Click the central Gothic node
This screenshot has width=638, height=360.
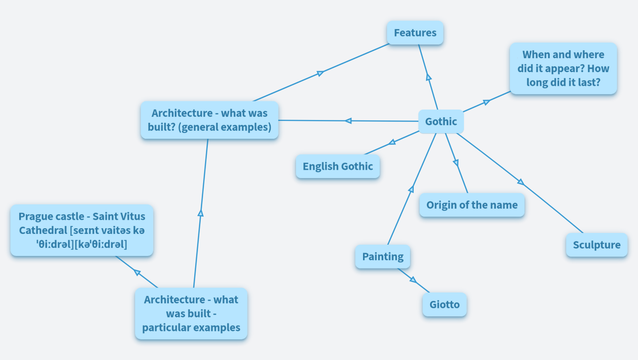tap(441, 122)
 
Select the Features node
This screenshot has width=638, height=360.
tap(415, 33)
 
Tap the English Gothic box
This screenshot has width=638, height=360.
tap(337, 166)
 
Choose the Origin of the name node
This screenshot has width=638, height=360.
tap(471, 205)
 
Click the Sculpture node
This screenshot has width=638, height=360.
tap(596, 245)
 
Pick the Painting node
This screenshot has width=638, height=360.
tap(382, 256)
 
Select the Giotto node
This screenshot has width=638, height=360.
tap(444, 305)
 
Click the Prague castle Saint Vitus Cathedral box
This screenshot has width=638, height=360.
tap(82, 230)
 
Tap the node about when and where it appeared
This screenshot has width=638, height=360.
tap(563, 68)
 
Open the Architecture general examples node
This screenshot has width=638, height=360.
tap(209, 120)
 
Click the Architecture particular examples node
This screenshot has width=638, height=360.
tap(191, 313)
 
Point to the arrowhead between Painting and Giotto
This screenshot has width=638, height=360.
tap(413, 280)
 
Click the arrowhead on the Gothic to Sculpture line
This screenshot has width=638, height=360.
tap(520, 182)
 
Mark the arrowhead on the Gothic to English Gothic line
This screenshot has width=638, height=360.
tap(392, 142)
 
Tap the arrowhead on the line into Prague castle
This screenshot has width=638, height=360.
tap(137, 272)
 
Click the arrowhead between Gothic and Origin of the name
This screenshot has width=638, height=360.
tap(456, 163)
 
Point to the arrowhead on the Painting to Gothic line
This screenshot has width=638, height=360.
tap(411, 189)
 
